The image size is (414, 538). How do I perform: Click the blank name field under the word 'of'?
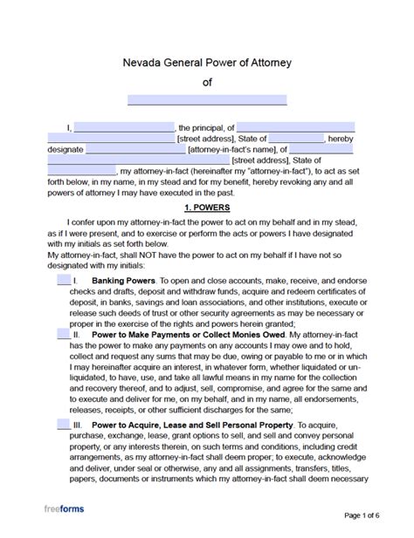pos(207,99)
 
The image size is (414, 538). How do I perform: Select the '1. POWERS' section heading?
pos(207,209)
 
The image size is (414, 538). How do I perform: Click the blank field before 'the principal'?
pos(124,127)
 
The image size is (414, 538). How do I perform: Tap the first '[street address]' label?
pos(207,138)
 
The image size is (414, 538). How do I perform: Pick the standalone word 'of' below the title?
pos(207,83)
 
